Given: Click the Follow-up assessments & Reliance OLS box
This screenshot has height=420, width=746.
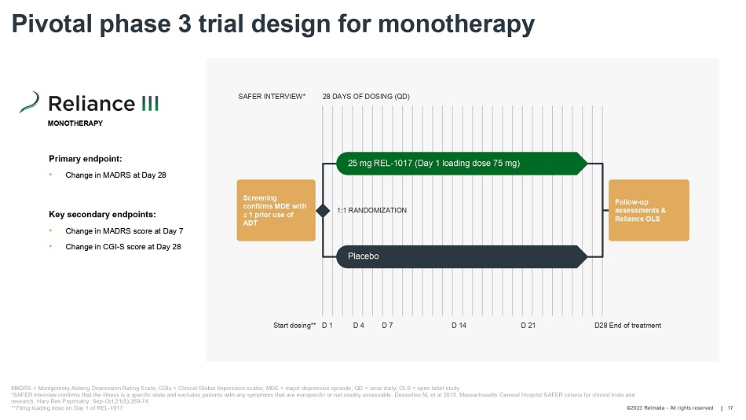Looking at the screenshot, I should tap(649, 210).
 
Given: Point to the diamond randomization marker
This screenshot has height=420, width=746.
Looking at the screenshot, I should tap(323, 210).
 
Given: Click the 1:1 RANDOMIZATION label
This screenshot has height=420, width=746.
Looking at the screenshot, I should tap(371, 211).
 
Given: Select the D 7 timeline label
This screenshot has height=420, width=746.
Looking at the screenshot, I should tap(387, 326).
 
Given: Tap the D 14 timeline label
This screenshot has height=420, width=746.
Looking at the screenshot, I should tap(459, 326).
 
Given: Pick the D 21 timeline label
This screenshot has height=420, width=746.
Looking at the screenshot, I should tap(528, 326).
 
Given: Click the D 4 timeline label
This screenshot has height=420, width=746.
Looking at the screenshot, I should tap(358, 326).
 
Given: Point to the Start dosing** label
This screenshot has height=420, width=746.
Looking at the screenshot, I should tap(294, 326).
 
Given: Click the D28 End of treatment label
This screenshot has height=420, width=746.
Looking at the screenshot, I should tap(627, 326).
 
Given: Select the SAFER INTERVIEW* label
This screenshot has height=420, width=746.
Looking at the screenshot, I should tap(272, 97).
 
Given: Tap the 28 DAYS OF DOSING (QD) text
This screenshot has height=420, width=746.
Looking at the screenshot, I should tap(366, 97).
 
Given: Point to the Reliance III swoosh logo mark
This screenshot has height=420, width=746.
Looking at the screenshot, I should tap(29, 103).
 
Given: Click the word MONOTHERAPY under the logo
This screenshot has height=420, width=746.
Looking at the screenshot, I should tap(75, 124).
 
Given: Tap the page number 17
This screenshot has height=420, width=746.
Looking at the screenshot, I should tap(730, 407).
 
